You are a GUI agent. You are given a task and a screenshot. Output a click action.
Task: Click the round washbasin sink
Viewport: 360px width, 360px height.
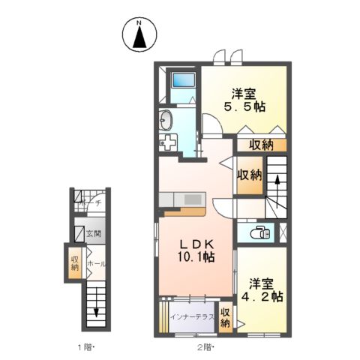click(166, 119)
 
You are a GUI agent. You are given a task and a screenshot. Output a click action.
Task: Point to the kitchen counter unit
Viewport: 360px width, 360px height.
click(181, 200)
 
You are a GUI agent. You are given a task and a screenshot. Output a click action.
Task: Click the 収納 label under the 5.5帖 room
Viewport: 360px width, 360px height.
click(257, 145)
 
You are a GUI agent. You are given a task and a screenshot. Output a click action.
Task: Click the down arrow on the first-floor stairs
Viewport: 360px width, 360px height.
click(96, 310)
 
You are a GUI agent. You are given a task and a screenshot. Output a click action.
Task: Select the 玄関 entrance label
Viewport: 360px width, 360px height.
click(94, 234)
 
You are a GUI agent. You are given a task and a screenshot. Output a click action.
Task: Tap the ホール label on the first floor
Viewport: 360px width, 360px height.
click(95, 264)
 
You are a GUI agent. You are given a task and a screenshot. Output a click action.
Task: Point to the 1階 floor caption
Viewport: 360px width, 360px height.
click(86, 347)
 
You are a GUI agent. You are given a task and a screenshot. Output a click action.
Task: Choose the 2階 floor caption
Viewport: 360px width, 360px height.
click(206, 347)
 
